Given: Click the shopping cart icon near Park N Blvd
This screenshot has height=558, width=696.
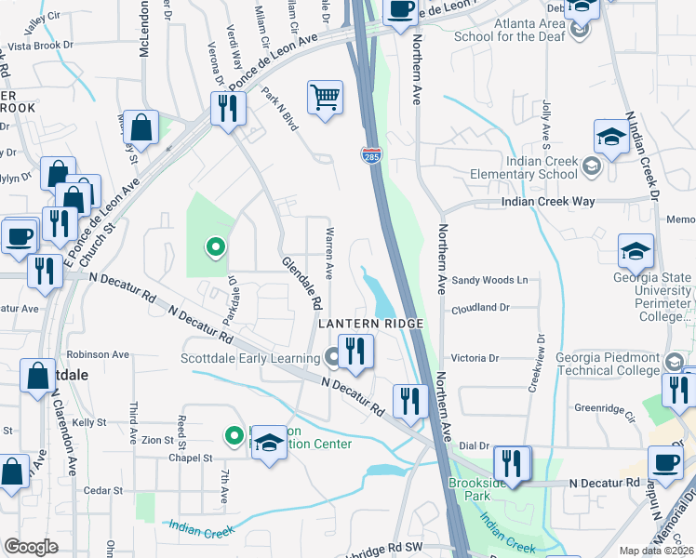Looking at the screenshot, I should click(x=325, y=98).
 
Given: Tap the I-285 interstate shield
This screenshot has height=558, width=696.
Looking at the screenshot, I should click(x=371, y=155).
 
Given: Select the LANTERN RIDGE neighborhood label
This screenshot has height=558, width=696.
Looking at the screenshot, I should click(x=371, y=323).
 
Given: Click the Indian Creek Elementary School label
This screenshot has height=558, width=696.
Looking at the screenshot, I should click(x=529, y=166).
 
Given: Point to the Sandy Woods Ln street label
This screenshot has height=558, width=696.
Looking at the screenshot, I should click(x=489, y=279).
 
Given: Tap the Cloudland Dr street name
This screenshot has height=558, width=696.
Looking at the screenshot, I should click(x=479, y=307).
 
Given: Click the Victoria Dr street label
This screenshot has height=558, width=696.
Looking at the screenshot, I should click(x=475, y=357).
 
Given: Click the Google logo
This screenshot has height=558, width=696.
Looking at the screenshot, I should click(x=31, y=547).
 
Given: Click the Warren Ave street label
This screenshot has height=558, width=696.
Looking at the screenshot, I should click(x=328, y=251).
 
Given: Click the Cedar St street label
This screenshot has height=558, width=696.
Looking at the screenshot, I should click(x=103, y=490).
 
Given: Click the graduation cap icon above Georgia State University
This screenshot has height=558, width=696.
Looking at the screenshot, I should click(x=636, y=250).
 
